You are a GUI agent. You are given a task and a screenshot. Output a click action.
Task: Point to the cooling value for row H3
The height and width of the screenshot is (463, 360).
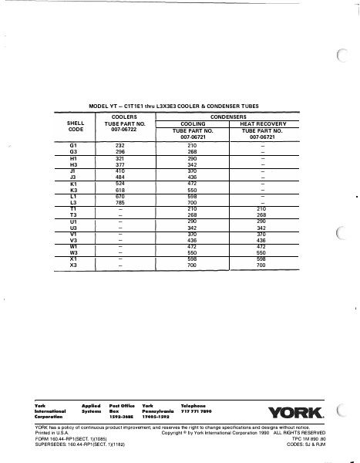tap(193, 164)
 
